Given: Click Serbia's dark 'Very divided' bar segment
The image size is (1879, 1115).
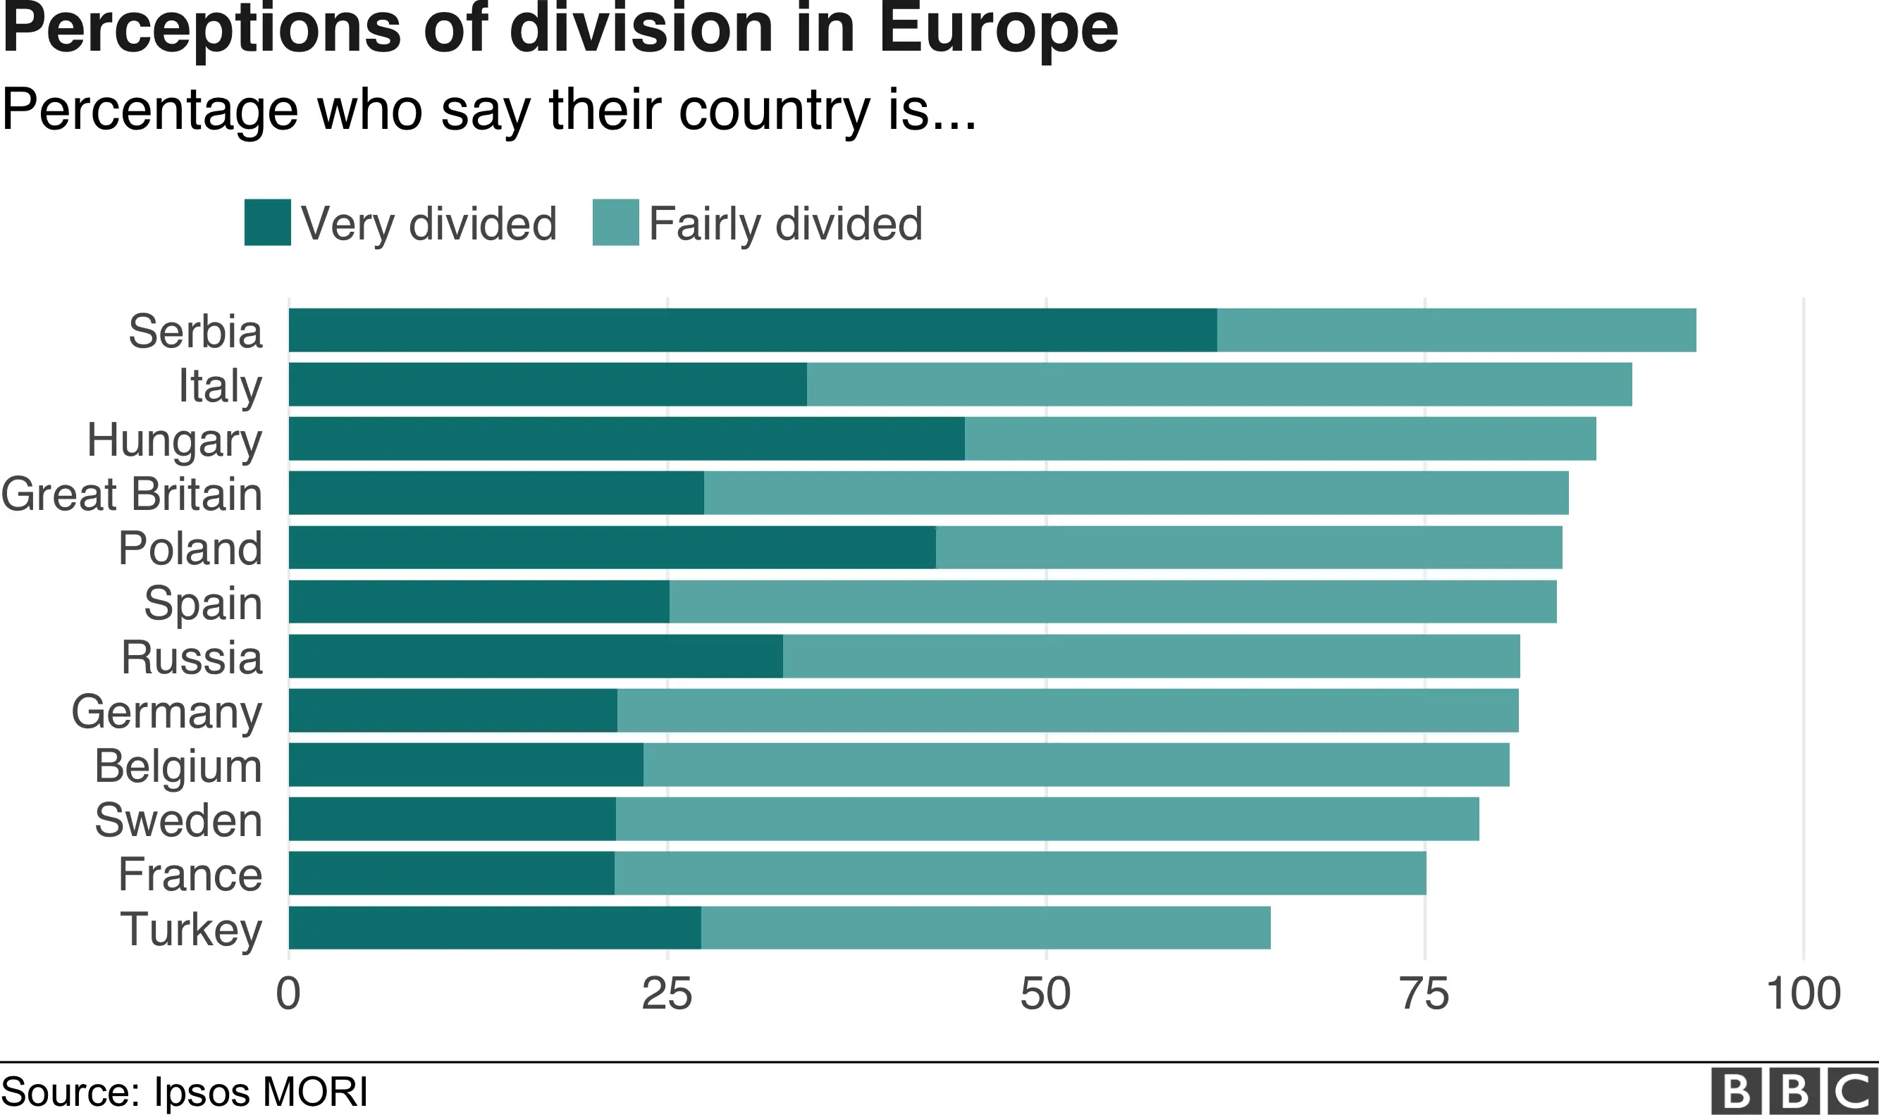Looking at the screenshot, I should pos(751,330).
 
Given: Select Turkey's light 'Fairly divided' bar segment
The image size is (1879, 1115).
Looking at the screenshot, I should pos(985,928).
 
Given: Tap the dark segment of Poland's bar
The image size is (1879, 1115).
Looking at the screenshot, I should pos(612,547).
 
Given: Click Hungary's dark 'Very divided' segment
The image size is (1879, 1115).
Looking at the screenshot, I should pos(626,439).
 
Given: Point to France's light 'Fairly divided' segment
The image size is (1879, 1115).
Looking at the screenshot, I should pos(1019,873).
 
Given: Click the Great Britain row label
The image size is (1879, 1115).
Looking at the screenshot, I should pos(133,494).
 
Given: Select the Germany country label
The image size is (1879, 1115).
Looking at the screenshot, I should pos(167,711).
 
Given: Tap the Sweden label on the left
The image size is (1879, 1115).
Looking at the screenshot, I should pos(179,820).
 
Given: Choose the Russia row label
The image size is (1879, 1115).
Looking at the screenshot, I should pos(192,657).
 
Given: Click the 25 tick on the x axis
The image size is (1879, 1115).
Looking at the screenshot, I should pos(667,994).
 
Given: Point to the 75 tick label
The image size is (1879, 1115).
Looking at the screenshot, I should pos(1424,994).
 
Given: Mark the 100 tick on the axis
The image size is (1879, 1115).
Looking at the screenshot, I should pos(1802,994).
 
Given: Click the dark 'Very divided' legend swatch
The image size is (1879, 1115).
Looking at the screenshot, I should pos(268,223).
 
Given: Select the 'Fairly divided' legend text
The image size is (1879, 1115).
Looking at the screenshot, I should pos(784,224).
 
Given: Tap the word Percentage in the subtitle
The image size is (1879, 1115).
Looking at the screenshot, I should pos(149,111).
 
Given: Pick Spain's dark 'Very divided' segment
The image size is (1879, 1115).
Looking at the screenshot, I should pos(479,601).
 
